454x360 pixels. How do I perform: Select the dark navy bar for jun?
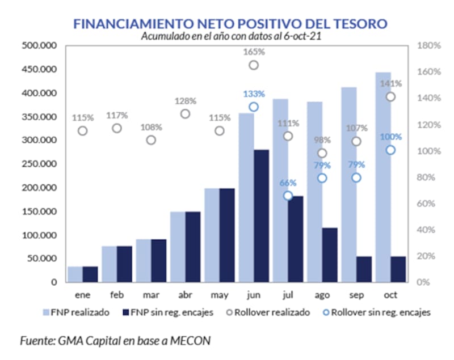pyautogui.click(x=261, y=215)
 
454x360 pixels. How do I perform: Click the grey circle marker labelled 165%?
pyautogui.click(x=254, y=65)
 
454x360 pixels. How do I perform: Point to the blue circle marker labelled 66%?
pyautogui.click(x=288, y=196)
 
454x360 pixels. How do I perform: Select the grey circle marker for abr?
pyautogui.click(x=185, y=113)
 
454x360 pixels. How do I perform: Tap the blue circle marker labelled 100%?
pyautogui.click(x=390, y=150)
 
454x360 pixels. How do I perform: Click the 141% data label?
pyautogui.click(x=390, y=83)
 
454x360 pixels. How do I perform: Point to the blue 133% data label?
pyautogui.click(x=254, y=94)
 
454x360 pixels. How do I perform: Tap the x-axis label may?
pyautogui.click(x=219, y=295)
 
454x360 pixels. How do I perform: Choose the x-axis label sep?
pyautogui.click(x=356, y=295)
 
